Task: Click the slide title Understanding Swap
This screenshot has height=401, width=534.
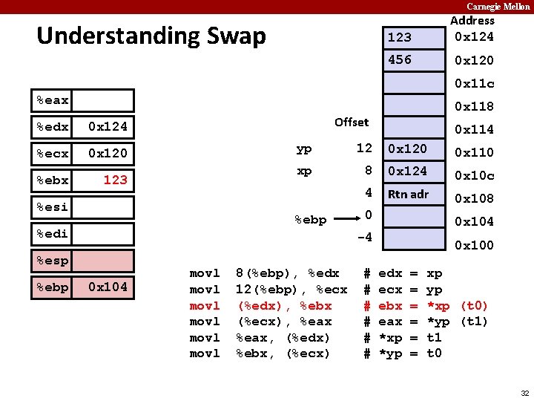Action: coord(151,36)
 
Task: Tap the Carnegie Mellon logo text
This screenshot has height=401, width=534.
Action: coord(498,6)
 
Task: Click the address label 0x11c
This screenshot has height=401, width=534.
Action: coord(474,83)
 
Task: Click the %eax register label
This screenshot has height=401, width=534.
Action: coord(53,100)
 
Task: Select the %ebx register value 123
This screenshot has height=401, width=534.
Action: coord(115,180)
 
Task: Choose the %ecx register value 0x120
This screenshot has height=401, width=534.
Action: coord(108,153)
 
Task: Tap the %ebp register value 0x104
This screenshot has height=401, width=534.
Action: coord(108,287)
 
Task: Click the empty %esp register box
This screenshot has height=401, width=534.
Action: coord(104,261)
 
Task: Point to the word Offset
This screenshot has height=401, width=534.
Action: coord(352,122)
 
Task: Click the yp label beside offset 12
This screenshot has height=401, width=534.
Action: coord(304,149)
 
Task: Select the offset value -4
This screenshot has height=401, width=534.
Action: coord(364,238)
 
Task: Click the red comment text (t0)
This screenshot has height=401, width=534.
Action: coord(474,306)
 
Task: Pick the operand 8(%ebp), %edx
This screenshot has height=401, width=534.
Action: coord(287,273)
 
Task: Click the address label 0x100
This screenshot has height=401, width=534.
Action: coord(474,245)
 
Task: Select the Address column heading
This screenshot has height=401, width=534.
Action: coord(472,21)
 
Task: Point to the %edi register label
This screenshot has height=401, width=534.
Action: coord(53,234)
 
